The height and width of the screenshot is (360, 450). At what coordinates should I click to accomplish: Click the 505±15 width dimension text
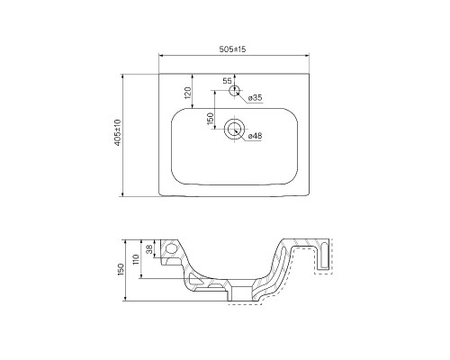(x=232, y=49)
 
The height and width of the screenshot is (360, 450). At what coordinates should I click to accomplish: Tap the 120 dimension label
(x=188, y=93)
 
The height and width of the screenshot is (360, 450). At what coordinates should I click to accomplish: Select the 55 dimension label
(x=227, y=81)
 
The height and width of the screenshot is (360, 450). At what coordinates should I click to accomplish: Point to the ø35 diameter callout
(x=256, y=97)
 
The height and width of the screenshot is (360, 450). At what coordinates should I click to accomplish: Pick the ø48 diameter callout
(x=255, y=136)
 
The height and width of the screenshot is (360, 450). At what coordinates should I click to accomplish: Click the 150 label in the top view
(x=210, y=119)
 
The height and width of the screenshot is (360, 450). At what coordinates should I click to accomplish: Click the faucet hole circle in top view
(x=235, y=90)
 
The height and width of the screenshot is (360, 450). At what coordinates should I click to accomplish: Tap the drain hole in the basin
(x=235, y=130)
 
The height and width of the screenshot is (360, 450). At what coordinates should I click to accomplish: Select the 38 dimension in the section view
(x=149, y=248)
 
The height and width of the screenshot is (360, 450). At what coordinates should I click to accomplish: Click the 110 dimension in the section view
(x=136, y=259)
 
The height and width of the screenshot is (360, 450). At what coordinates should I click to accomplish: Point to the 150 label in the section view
(x=121, y=270)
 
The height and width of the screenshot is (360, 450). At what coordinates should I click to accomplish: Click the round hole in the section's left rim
(x=172, y=248)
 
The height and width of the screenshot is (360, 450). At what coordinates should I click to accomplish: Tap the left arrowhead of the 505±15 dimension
(x=161, y=56)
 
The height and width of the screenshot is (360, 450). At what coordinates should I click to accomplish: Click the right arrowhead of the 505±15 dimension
(x=307, y=56)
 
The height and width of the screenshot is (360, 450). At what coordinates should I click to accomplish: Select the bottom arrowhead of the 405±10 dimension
(x=122, y=194)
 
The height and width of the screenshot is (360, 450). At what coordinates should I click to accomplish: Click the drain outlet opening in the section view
(x=241, y=293)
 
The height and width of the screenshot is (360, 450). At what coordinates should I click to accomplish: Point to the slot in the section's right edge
(x=324, y=256)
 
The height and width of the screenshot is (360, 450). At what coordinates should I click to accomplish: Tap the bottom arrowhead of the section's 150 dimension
(x=126, y=298)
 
